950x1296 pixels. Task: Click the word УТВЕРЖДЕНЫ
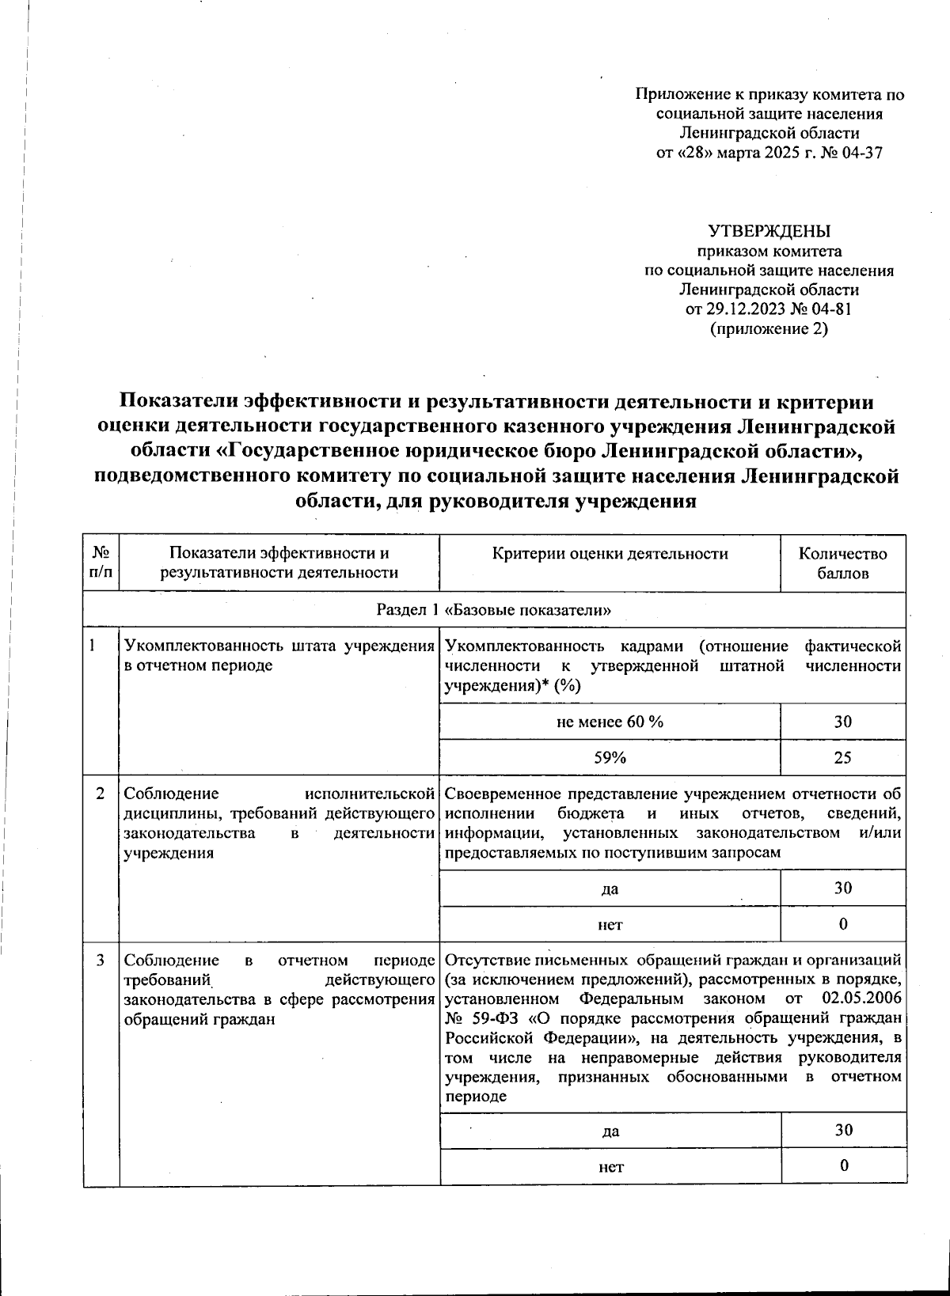click(x=769, y=231)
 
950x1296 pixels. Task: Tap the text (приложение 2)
click(x=769, y=328)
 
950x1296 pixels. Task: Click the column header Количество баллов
click(x=842, y=563)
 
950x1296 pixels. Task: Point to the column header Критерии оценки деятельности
click(x=610, y=554)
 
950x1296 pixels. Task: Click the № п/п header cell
click(x=101, y=563)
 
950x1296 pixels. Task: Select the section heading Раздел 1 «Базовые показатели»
click(x=494, y=610)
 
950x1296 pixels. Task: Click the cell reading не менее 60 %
click(x=610, y=722)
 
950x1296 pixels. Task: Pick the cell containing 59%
click(x=610, y=757)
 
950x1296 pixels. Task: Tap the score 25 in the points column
click(x=842, y=757)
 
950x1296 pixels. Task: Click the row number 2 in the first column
click(x=101, y=794)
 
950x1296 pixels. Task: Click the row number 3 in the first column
click(x=101, y=961)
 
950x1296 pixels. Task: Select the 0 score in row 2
click(x=842, y=923)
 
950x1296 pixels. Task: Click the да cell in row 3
click(x=610, y=1131)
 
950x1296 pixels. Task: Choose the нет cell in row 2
click(x=610, y=923)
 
